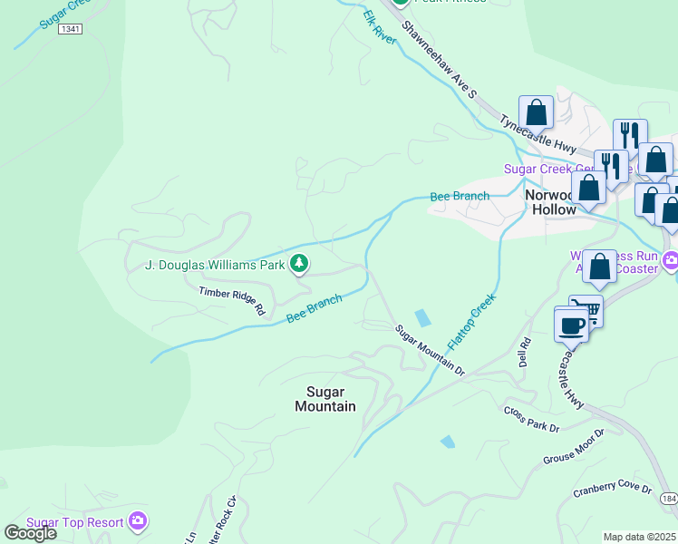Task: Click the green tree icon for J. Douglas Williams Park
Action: [x=299, y=265]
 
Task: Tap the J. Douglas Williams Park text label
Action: [x=215, y=266]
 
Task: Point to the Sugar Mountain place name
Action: [x=325, y=398]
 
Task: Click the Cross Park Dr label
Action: [x=533, y=419]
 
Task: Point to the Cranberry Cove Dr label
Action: [x=613, y=491]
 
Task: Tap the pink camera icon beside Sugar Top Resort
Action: [x=138, y=520]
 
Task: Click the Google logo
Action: [x=30, y=533]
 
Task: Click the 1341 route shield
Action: [x=70, y=30]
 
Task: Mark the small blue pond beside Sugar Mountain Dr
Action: [x=423, y=318]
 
